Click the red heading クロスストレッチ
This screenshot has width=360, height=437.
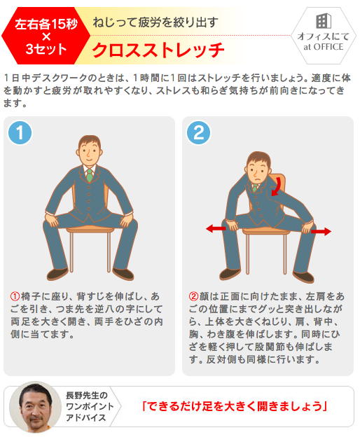(158, 50)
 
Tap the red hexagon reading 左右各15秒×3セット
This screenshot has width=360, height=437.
(46, 36)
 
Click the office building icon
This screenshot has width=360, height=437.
(323, 20)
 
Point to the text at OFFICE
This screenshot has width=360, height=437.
(323, 47)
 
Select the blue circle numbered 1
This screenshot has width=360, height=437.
(20, 132)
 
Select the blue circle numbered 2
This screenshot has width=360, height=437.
(198, 132)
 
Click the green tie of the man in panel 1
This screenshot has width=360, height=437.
(89, 175)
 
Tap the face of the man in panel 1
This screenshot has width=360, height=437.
(89, 153)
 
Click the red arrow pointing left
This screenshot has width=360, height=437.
(216, 228)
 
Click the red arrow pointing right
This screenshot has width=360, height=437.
(321, 231)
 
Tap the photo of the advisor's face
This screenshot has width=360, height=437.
(35, 405)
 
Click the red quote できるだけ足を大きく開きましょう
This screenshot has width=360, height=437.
(234, 406)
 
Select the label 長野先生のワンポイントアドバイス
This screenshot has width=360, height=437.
(89, 406)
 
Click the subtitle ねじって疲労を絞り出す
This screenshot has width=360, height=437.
(155, 22)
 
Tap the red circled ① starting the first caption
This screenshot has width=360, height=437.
(15, 296)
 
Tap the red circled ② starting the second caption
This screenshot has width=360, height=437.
(193, 296)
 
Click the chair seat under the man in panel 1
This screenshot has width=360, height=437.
(90, 229)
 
